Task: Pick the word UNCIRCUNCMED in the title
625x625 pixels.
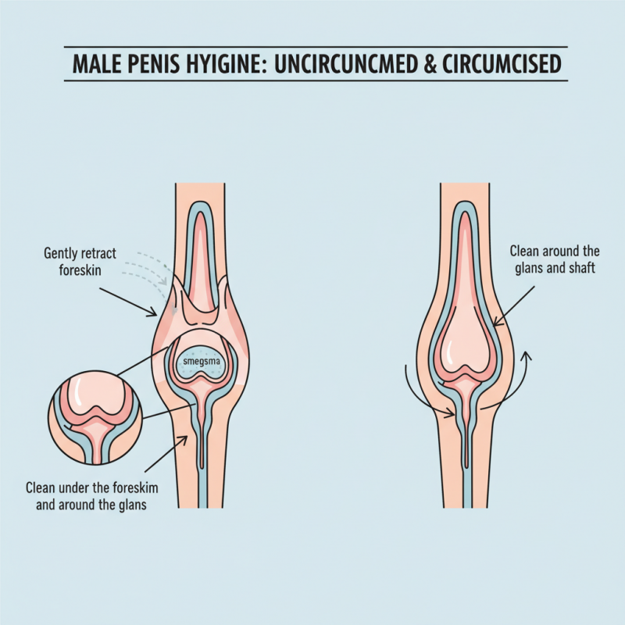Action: click(x=346, y=64)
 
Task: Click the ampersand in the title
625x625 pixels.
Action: click(x=430, y=64)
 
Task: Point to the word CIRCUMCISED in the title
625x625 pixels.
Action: click(x=502, y=64)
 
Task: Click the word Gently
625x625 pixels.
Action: click(x=61, y=254)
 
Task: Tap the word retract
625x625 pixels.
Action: click(x=98, y=253)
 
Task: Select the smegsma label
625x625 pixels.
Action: click(x=198, y=362)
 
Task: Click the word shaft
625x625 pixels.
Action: click(x=582, y=268)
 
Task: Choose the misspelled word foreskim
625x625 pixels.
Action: click(x=135, y=487)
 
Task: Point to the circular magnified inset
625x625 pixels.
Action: click(x=95, y=417)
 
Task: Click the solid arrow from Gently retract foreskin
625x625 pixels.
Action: click(x=128, y=302)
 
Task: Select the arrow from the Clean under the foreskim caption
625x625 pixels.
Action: click(x=166, y=454)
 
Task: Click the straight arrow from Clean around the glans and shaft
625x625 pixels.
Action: click(x=513, y=306)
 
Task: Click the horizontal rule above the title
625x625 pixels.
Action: click(x=316, y=47)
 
